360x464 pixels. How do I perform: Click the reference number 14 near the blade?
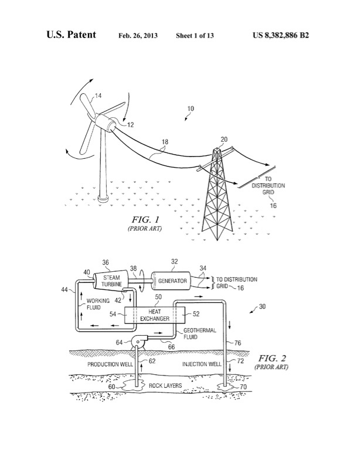(x=99, y=95)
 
